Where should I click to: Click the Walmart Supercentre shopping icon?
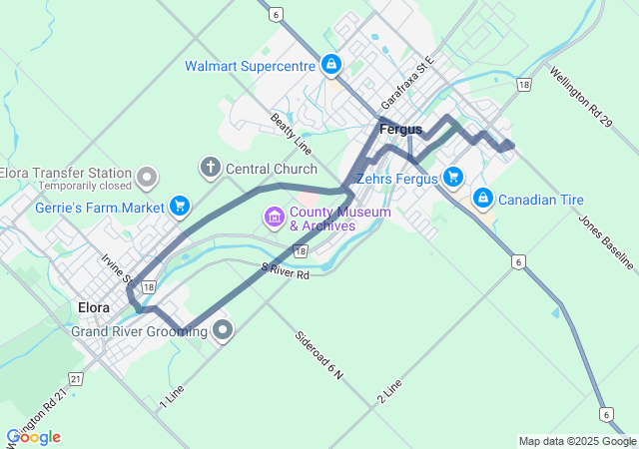tap(331, 66)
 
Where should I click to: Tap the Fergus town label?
tap(400, 130)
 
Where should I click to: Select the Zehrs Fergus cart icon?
tap(453, 178)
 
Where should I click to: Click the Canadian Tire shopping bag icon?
tap(483, 199)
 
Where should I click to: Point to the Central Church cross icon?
tap(211, 168)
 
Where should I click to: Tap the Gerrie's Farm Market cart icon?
tap(180, 207)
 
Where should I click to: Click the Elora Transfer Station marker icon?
tap(147, 178)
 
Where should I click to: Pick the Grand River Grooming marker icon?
tap(223, 330)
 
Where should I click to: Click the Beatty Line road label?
tap(291, 134)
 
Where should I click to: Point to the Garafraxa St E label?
tap(410, 84)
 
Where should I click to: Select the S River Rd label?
tap(286, 269)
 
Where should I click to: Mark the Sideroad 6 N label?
tap(319, 355)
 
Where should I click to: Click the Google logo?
tap(33, 437)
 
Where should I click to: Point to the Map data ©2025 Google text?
tap(577, 441)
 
